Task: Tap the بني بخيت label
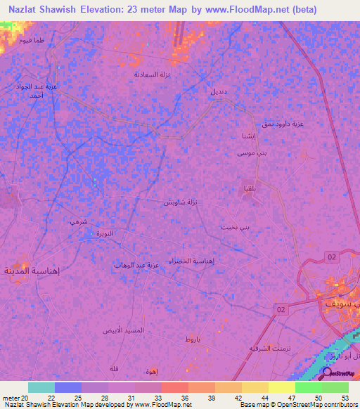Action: [x=235, y=228]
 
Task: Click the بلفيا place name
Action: [x=249, y=188]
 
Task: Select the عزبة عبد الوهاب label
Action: [x=137, y=266]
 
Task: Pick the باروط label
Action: [x=193, y=339]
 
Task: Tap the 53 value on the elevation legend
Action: [x=345, y=397]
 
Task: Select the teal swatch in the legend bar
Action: [x=41, y=387]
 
